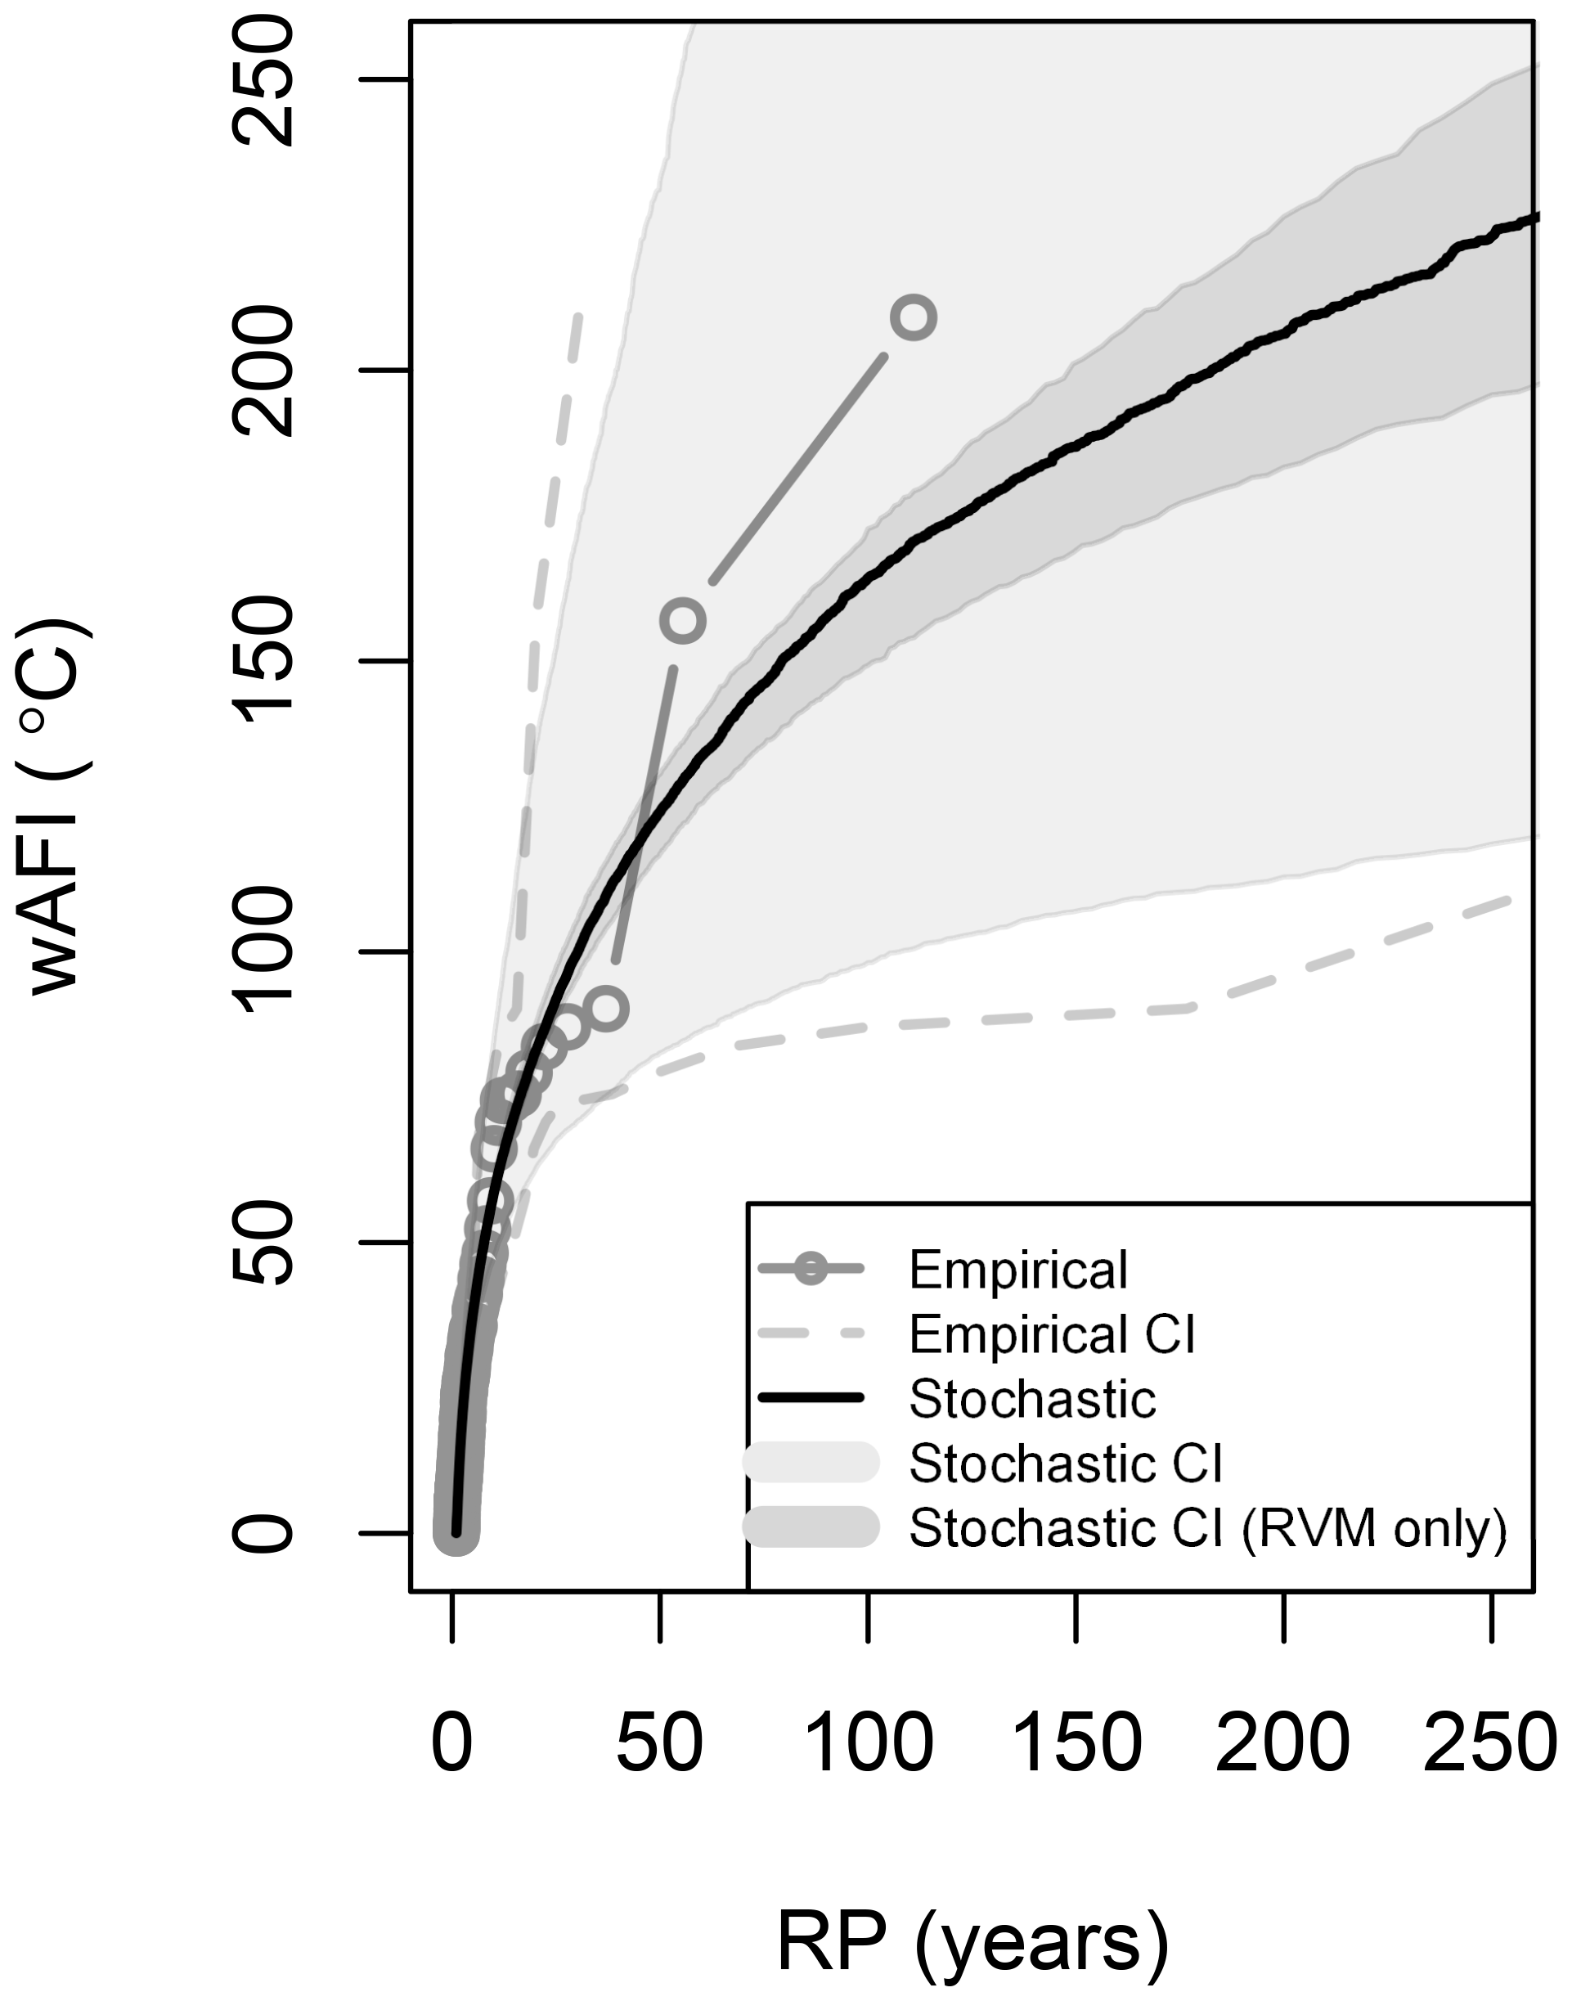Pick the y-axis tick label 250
(x=264, y=81)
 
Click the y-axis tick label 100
(x=264, y=951)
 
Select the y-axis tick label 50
(x=264, y=1243)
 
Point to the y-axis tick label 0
(x=264, y=1533)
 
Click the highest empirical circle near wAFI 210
(x=913, y=317)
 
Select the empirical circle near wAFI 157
(x=683, y=620)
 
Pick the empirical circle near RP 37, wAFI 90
(x=605, y=1009)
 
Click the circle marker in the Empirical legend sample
(x=811, y=1270)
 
